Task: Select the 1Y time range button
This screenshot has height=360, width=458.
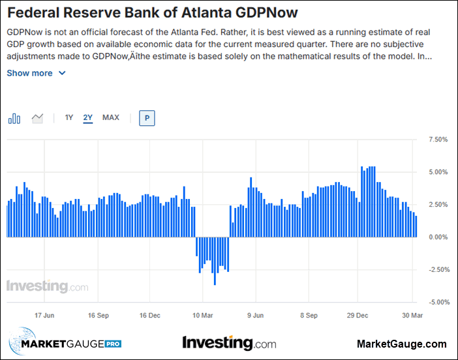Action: point(69,118)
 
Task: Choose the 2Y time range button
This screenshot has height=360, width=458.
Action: point(88,118)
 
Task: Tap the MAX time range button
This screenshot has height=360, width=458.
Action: point(111,118)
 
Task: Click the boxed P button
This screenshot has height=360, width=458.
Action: point(147,118)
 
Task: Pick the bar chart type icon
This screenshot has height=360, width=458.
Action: point(14,118)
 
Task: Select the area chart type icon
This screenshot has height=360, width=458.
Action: point(37,118)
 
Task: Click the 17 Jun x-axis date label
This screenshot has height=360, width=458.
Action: point(44,315)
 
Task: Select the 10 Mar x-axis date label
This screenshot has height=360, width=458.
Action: point(204,315)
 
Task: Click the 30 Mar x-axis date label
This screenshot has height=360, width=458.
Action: point(411,315)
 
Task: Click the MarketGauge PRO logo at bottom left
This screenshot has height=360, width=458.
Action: point(65,344)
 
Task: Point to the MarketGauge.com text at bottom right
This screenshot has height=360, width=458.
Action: point(402,344)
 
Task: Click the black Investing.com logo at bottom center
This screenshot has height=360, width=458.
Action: point(229,342)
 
